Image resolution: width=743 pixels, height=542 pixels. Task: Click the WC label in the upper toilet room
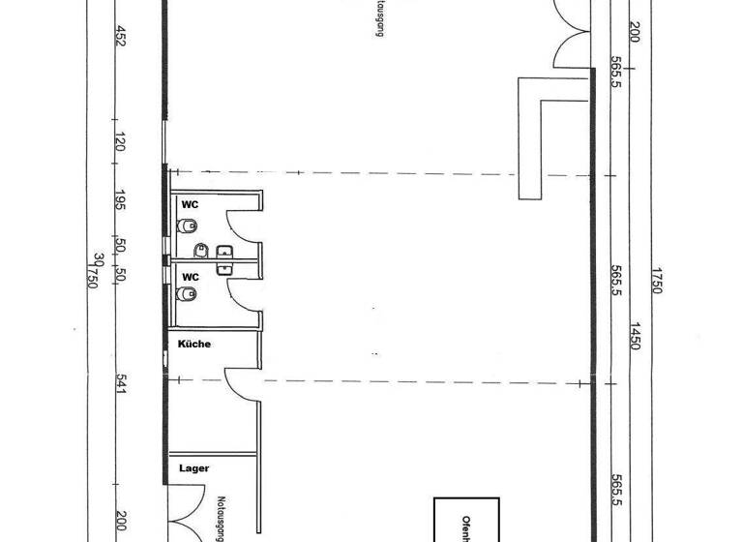(x=191, y=205)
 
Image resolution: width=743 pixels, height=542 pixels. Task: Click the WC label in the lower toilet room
(x=191, y=277)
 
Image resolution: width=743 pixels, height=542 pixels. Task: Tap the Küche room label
(x=193, y=344)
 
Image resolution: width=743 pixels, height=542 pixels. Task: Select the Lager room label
(x=193, y=468)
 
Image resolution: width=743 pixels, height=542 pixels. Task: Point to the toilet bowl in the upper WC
(x=189, y=226)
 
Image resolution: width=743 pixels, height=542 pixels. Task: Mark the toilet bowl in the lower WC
(x=189, y=295)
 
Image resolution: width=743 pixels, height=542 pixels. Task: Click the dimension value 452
(x=121, y=36)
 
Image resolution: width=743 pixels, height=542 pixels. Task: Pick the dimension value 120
(x=121, y=144)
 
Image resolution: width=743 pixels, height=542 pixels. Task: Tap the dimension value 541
(x=121, y=385)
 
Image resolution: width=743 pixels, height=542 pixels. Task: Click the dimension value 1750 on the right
(x=657, y=282)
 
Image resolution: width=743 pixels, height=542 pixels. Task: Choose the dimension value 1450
(x=635, y=337)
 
